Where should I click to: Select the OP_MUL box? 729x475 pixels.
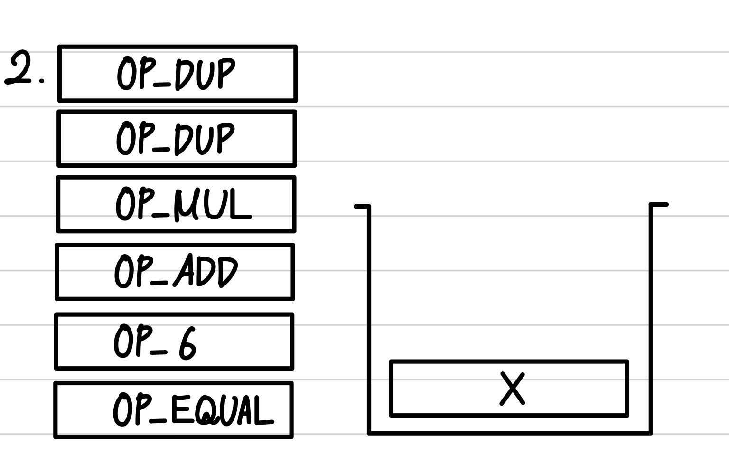(x=176, y=204)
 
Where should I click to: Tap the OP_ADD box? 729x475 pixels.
(x=175, y=272)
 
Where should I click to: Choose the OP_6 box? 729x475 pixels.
(x=174, y=341)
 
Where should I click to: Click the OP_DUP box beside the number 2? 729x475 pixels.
(x=178, y=74)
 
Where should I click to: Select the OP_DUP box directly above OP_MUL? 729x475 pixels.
(x=177, y=139)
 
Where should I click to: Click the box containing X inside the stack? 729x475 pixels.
(x=509, y=389)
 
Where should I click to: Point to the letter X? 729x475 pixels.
(x=513, y=389)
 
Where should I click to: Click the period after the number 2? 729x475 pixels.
(x=42, y=81)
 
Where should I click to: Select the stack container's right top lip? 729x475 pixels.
(x=659, y=205)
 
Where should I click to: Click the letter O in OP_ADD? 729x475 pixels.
(x=123, y=272)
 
